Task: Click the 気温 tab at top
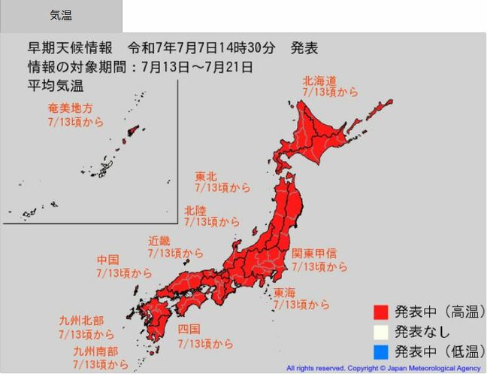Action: (x=61, y=15)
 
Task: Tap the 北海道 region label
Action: (x=319, y=80)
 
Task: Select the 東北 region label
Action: (x=207, y=175)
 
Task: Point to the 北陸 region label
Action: (x=196, y=211)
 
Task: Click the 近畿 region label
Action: (x=159, y=242)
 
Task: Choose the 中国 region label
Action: (x=107, y=260)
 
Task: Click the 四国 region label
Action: (x=189, y=330)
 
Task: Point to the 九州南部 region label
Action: (x=95, y=351)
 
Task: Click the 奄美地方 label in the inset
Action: (x=70, y=109)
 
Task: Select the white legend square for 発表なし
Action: (x=382, y=331)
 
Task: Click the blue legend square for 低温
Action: (x=382, y=351)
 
